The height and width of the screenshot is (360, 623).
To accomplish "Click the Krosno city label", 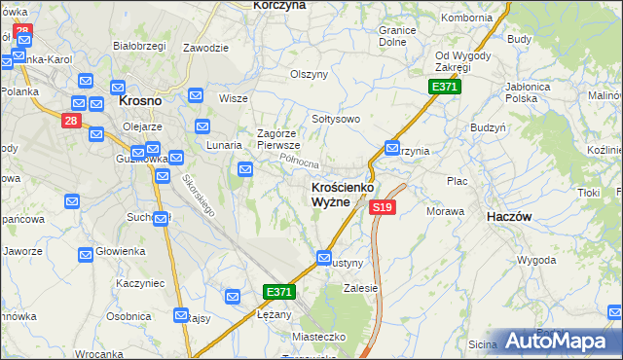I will (x=139, y=99).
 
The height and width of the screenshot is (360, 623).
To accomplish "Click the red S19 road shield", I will (x=383, y=207).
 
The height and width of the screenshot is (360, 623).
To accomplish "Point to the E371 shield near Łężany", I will (x=278, y=292).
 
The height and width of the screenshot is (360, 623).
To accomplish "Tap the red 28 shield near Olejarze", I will (x=70, y=120).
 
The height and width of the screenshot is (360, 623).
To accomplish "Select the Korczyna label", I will (x=278, y=5).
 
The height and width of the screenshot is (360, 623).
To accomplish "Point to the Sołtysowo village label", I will (x=336, y=119).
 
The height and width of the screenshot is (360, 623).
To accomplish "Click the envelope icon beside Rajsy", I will (x=181, y=315).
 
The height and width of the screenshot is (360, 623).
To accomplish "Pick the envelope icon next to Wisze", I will (x=196, y=95).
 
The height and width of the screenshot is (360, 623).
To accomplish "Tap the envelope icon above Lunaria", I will (x=203, y=126).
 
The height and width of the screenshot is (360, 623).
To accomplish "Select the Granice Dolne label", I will (x=398, y=36).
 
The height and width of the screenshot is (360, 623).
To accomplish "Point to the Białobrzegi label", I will (x=139, y=46).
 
